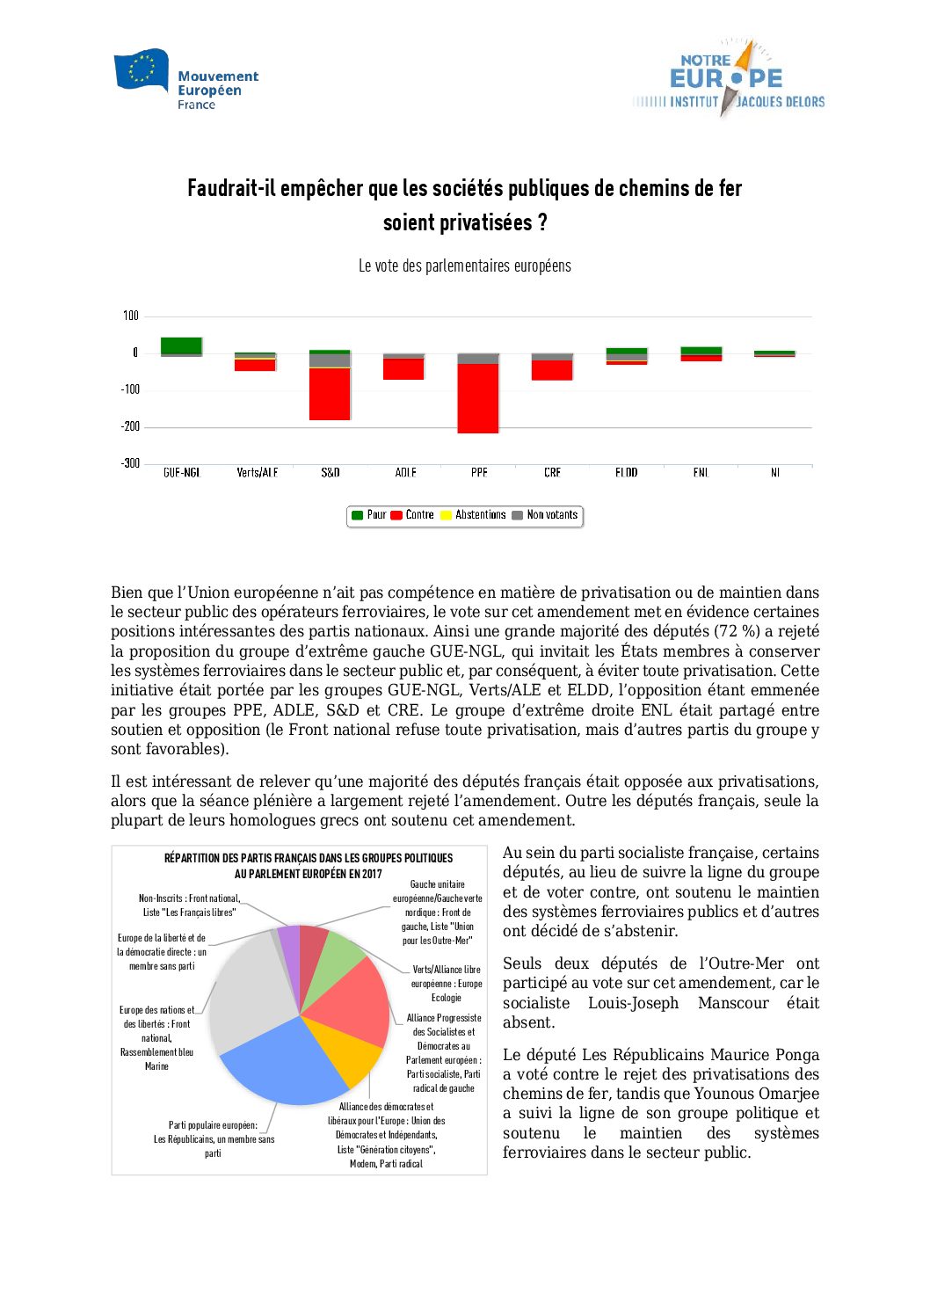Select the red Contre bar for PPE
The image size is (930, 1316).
pyautogui.click(x=478, y=398)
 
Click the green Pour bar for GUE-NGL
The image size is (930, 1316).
pyautogui.click(x=181, y=345)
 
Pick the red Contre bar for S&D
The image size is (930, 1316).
pyautogui.click(x=330, y=394)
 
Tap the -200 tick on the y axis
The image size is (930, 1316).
pyautogui.click(x=130, y=426)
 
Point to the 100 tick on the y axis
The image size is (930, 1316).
pyautogui.click(x=130, y=316)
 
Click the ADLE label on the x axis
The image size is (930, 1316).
pyautogui.click(x=405, y=473)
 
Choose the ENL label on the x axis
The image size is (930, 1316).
pyautogui.click(x=701, y=473)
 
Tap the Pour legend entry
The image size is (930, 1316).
pyautogui.click(x=369, y=515)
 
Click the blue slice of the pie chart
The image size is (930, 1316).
pyautogui.click(x=281, y=1064)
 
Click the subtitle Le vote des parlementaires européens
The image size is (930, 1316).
pyautogui.click(x=464, y=265)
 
